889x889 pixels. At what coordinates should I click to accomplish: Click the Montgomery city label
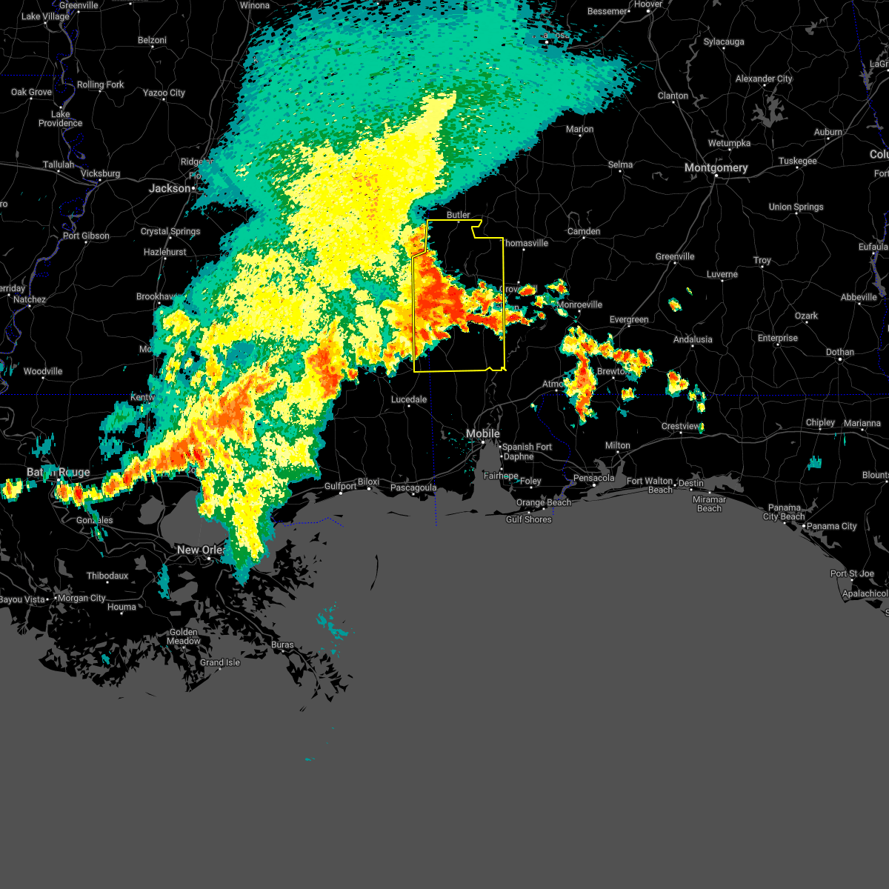[x=716, y=168]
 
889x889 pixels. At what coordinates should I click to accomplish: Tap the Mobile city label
[x=482, y=433]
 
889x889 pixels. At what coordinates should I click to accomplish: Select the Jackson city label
[x=170, y=189]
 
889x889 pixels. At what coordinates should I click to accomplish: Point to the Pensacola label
[x=594, y=478]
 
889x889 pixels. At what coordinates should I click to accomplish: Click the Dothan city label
[x=839, y=352]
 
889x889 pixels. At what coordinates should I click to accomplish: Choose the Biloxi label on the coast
[x=368, y=482]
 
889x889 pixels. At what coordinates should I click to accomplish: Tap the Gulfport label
[x=340, y=487]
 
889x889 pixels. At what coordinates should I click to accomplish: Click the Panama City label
[x=833, y=526]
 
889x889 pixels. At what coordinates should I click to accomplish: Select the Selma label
[x=620, y=164]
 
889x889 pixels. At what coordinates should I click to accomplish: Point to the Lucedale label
[x=409, y=399]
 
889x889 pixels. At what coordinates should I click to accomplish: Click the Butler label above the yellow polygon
[x=458, y=215]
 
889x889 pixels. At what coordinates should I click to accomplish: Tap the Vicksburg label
[x=100, y=173]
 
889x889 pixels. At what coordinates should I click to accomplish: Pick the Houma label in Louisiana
[x=121, y=607]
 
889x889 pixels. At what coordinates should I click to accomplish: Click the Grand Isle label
[x=220, y=662]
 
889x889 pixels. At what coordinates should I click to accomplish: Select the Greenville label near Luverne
[x=675, y=256]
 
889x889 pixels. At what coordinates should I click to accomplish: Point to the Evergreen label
[x=629, y=319]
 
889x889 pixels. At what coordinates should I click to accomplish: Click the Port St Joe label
[x=852, y=573]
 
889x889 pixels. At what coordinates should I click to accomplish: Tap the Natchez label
[x=30, y=299]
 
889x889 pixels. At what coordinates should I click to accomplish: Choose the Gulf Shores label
[x=528, y=519]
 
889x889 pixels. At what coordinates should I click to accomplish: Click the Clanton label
[x=673, y=96]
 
